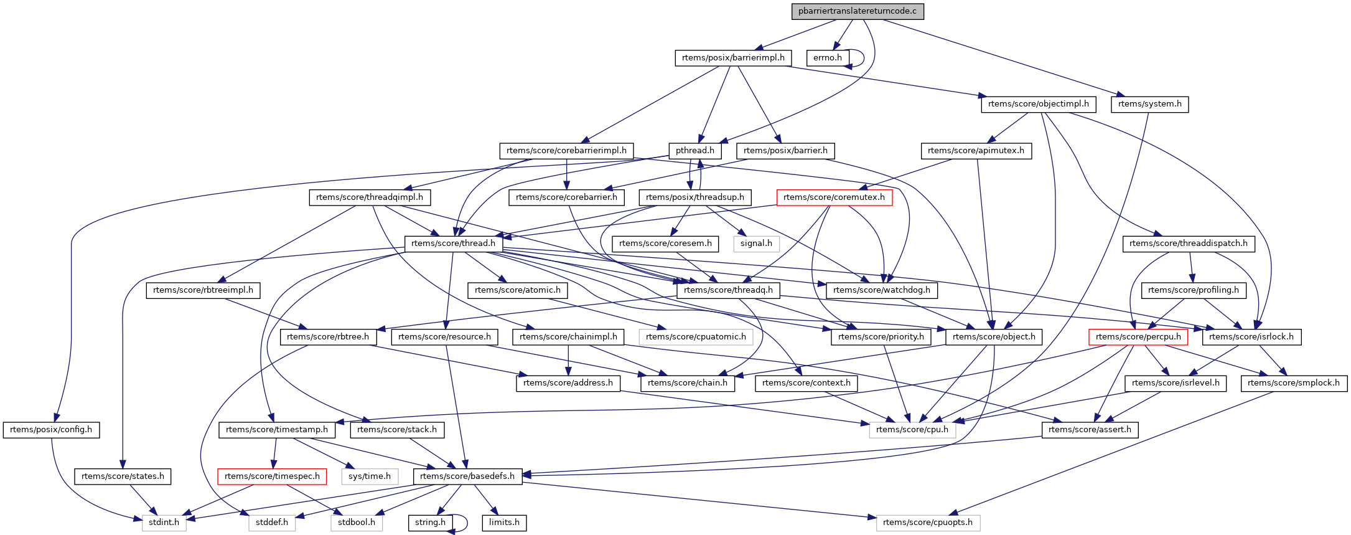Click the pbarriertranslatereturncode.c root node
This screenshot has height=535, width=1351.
(857, 11)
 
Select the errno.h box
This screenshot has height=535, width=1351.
(827, 58)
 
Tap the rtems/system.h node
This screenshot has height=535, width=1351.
(1149, 104)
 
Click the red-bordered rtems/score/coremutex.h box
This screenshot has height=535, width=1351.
(834, 197)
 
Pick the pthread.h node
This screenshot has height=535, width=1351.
(694, 151)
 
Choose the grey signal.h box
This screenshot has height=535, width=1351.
(756, 244)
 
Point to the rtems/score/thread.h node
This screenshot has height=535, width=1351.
(453, 244)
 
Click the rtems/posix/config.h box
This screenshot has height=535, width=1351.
(51, 430)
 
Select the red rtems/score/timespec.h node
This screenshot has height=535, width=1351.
(272, 476)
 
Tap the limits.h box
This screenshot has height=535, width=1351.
(504, 523)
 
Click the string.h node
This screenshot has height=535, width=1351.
(430, 523)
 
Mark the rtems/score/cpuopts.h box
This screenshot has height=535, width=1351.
(928, 523)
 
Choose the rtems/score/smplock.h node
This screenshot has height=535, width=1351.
(1294, 383)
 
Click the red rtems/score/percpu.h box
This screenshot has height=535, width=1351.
(1138, 337)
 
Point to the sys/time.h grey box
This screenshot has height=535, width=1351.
(370, 476)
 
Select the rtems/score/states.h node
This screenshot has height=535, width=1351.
(123, 476)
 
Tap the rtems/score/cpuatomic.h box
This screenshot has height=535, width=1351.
(696, 337)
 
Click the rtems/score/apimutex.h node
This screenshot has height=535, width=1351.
(976, 151)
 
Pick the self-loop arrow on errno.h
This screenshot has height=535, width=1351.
(862, 58)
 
